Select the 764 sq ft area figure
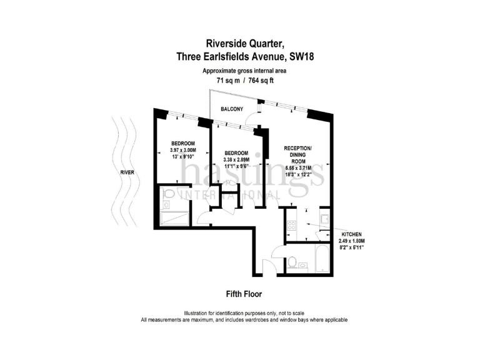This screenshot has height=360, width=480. click(x=262, y=81)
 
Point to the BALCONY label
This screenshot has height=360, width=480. click(x=232, y=109)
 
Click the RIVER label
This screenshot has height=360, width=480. click(x=127, y=172)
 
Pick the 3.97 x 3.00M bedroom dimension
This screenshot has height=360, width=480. click(x=183, y=151)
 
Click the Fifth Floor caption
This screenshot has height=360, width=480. click(x=243, y=293)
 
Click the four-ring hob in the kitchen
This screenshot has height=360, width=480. click(x=291, y=223)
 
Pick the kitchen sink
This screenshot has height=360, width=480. click(x=324, y=221)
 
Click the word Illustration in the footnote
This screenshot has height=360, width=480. click(x=199, y=313)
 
